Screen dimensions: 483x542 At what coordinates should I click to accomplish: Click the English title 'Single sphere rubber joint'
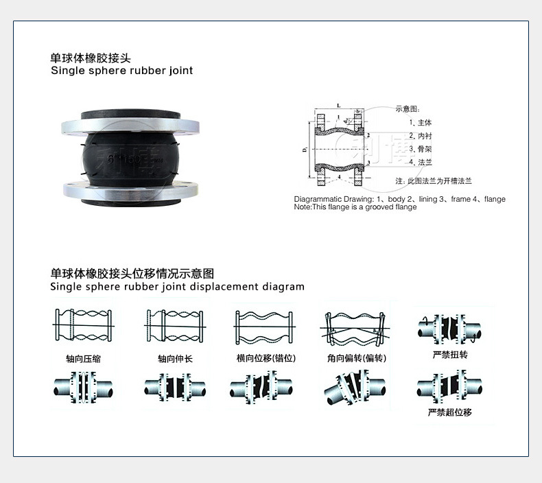pos(122,71)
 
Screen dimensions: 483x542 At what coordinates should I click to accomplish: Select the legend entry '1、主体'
pos(420,122)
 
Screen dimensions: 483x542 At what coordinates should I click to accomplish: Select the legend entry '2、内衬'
pos(420,136)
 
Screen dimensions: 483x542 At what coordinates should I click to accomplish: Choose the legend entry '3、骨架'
pos(420,149)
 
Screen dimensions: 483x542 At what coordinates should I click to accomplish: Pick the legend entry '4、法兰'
pos(420,163)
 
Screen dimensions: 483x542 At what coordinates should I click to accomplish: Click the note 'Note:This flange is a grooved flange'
pos(355,207)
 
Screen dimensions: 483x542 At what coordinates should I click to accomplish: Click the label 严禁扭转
pos(449,355)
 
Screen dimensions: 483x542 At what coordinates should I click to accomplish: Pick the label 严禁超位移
pos(449,412)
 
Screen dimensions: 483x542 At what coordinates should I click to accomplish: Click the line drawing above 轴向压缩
pos(83,328)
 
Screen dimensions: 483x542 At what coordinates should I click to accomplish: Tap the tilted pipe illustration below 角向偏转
pos(355,389)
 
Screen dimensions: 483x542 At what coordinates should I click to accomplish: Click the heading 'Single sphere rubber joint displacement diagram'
pos(177,287)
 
